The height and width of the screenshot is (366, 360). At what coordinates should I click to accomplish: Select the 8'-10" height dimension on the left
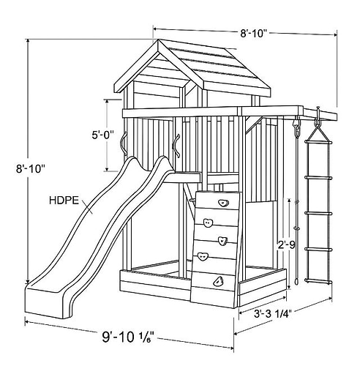click(x=31, y=168)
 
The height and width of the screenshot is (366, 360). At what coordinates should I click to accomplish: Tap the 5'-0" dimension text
click(x=102, y=135)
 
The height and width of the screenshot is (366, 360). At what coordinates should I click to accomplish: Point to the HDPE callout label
click(x=64, y=201)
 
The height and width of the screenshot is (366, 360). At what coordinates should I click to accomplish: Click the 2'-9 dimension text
click(x=287, y=244)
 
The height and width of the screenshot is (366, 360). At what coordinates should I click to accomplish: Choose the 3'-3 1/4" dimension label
click(x=273, y=314)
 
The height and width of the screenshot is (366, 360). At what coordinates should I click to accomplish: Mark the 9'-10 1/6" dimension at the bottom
click(x=128, y=337)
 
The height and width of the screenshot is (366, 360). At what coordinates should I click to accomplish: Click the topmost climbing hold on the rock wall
click(x=223, y=203)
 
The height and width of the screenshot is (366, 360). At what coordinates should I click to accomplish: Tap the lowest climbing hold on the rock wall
click(x=218, y=281)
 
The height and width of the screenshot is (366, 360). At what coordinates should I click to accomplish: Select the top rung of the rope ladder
click(x=318, y=142)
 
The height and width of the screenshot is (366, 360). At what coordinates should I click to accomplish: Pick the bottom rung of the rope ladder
click(x=318, y=282)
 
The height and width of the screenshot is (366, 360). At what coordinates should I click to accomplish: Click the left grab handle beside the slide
click(x=124, y=143)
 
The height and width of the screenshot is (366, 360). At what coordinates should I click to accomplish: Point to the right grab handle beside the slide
click(x=176, y=146)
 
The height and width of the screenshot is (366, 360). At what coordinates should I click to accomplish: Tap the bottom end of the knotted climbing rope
click(x=296, y=282)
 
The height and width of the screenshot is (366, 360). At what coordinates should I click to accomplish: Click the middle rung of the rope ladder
click(x=318, y=213)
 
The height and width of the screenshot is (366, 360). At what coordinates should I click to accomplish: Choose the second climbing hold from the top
click(x=209, y=223)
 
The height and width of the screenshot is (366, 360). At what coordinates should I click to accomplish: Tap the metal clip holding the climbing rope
click(x=296, y=127)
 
